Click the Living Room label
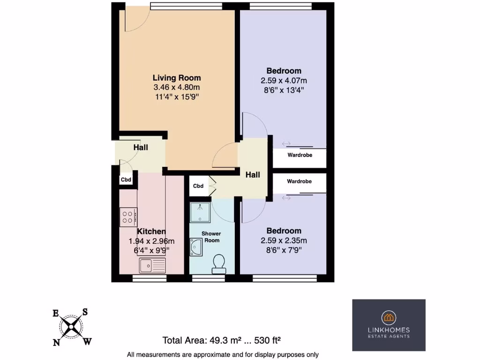click(x=177, y=78)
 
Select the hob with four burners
click(x=128, y=217)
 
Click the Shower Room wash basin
click(x=195, y=247)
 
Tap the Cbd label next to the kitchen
click(x=126, y=180)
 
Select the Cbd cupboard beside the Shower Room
click(x=198, y=186)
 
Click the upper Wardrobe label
click(x=300, y=155)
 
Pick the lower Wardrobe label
click(x=299, y=181)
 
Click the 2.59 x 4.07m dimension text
click(x=284, y=81)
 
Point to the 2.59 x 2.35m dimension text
click(x=284, y=240)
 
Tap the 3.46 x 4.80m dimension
click(x=177, y=88)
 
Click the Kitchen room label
click(x=151, y=232)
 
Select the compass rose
click(x=72, y=327)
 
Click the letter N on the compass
click(x=56, y=343)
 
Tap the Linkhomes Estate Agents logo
click(x=389, y=325)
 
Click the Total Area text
click(x=221, y=340)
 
